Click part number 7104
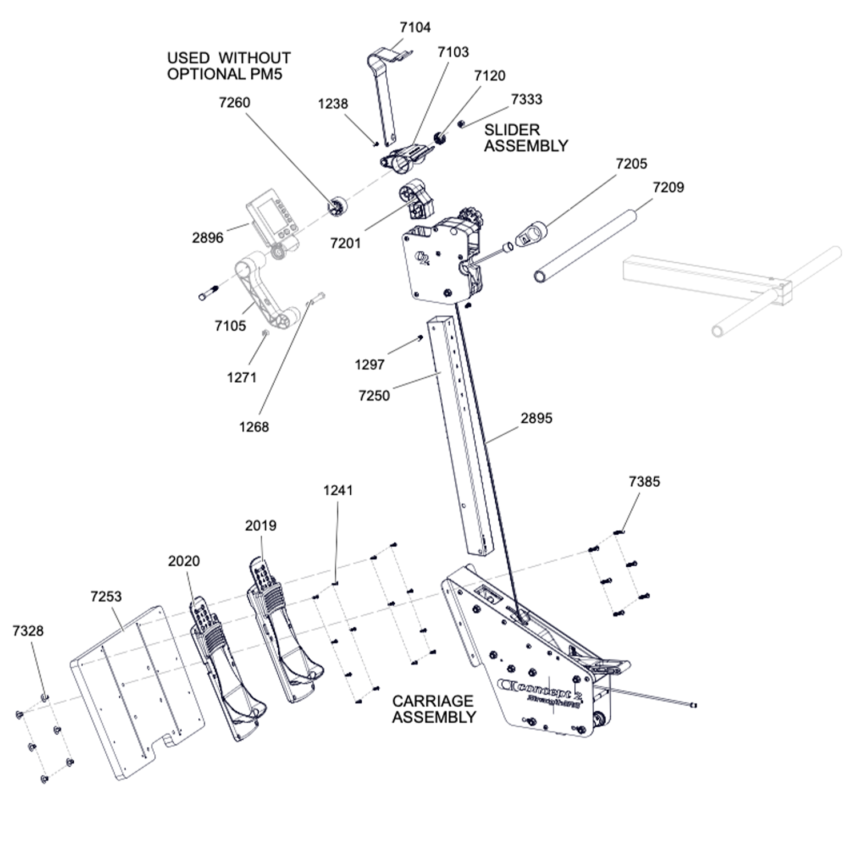tap(415, 27)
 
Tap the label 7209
tap(668, 187)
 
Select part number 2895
tap(536, 418)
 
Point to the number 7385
tap(644, 482)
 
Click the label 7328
tap(28, 631)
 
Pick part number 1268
tap(254, 427)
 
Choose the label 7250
tap(374, 395)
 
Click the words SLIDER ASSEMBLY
tap(526, 138)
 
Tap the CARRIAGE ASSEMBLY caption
tap(434, 709)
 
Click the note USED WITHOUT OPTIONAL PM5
tap(229, 66)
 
